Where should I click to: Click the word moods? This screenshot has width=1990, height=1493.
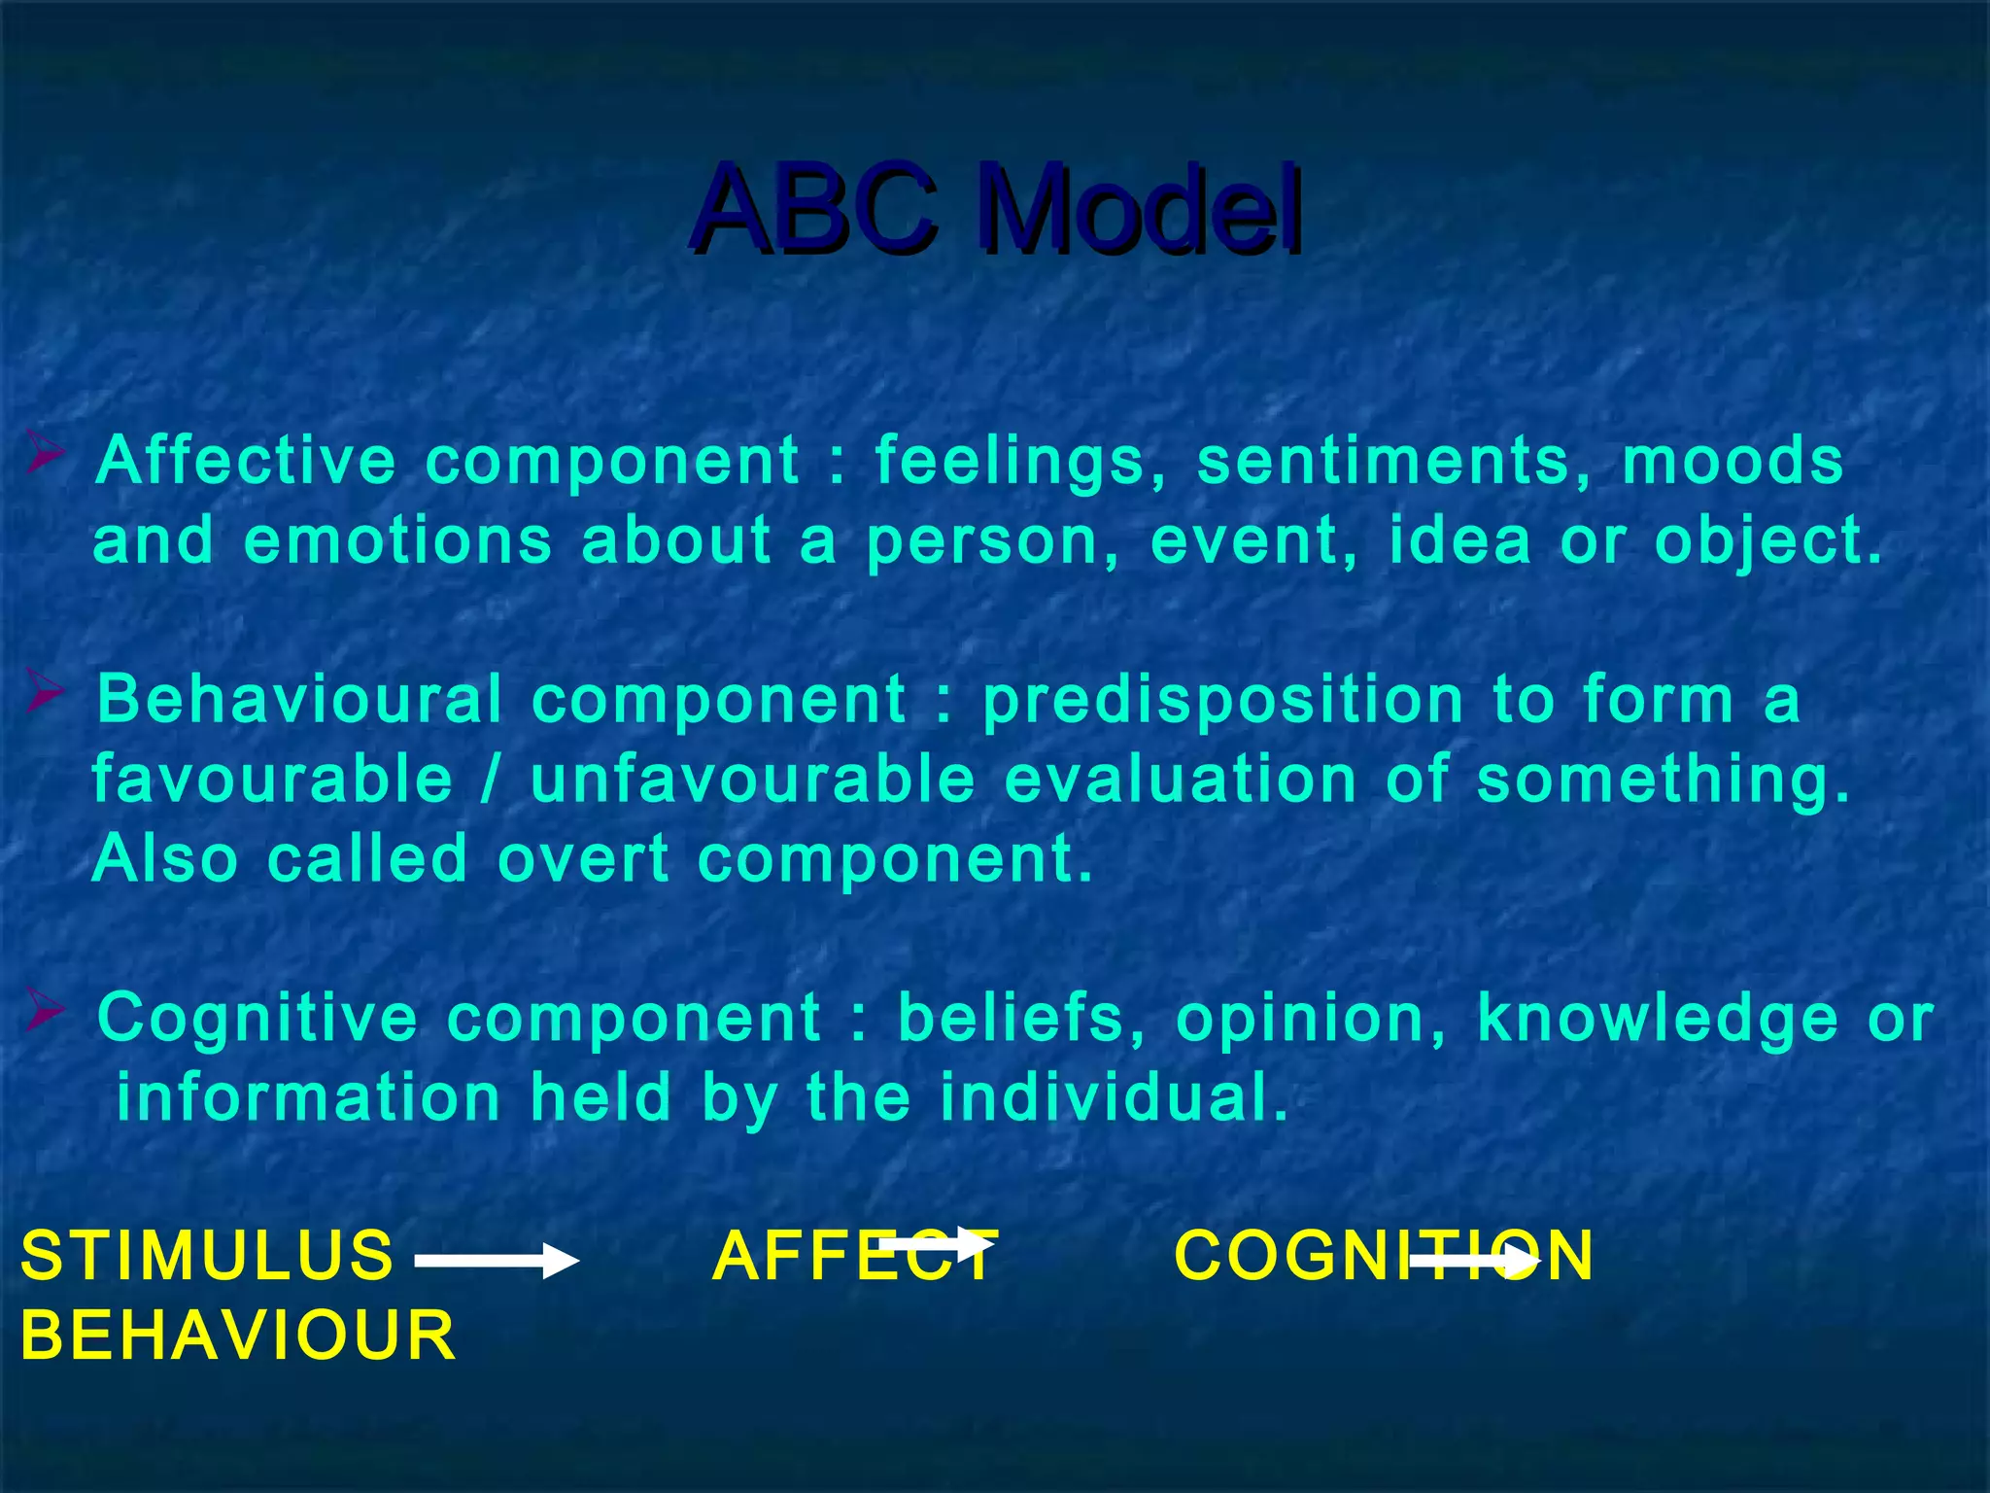1732,460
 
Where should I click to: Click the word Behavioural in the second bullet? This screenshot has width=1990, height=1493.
299,699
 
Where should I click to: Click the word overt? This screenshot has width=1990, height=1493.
583,859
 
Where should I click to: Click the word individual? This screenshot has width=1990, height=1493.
1114,1097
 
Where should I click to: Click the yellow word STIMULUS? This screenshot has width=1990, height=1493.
207,1255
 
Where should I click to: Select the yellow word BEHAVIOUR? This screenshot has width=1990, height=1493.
238,1336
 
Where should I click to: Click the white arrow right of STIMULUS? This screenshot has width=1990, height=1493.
497,1262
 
